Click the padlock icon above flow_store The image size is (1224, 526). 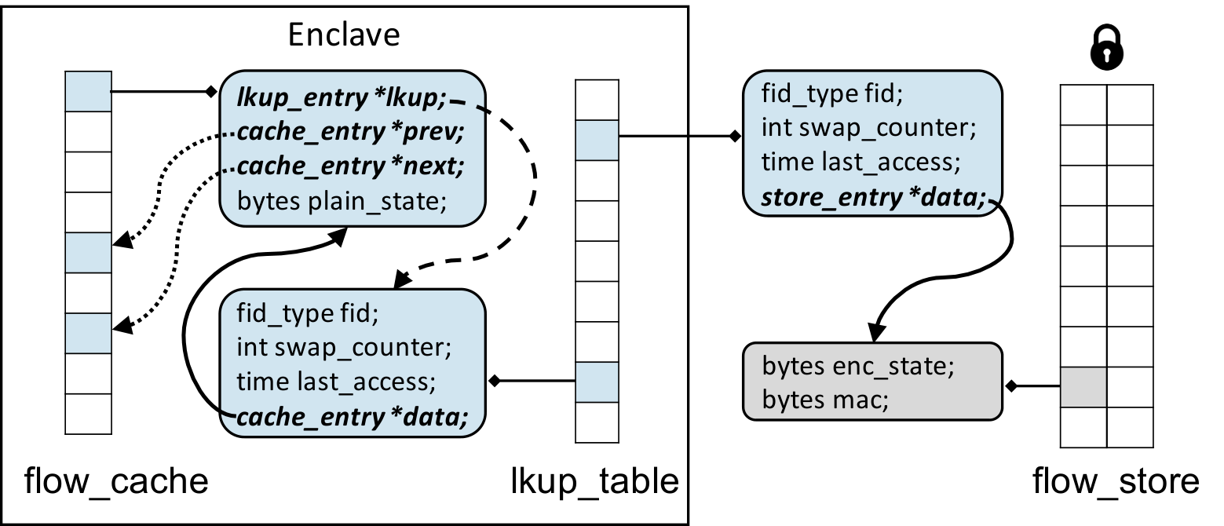[1106, 47]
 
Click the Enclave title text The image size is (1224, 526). [344, 35]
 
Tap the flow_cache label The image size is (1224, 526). [116, 481]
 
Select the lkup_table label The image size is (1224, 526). [594, 481]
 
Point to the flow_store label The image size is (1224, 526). [1116, 481]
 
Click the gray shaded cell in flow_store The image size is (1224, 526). [1083, 387]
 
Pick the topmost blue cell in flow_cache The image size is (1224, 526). [89, 91]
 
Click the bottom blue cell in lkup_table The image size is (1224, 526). [597, 382]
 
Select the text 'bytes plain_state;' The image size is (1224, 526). [342, 201]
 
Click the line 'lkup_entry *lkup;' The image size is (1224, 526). [342, 98]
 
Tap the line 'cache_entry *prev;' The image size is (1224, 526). [350, 132]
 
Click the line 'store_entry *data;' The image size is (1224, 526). [873, 197]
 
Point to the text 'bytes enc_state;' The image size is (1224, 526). [858, 366]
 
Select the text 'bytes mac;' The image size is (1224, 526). [825, 400]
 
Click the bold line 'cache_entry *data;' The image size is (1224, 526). [352, 418]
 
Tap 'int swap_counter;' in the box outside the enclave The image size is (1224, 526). [869, 128]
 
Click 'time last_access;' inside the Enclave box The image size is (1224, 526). [336, 382]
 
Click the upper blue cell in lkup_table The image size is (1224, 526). [597, 141]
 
